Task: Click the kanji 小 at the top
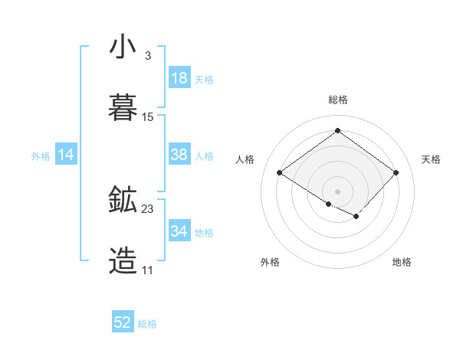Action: coord(123,47)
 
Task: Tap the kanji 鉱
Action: coord(123,201)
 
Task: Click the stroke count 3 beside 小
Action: coord(147,56)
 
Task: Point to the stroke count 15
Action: coord(148,117)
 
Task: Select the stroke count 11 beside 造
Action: coord(147,270)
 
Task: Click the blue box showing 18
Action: coord(179,78)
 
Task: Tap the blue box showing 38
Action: coord(179,155)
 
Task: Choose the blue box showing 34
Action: coord(179,231)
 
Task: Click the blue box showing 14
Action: coord(66,155)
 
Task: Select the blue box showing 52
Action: coord(123,322)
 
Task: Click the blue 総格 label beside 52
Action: coord(147,324)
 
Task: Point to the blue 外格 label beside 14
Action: coord(41,156)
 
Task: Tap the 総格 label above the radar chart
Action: coord(338,100)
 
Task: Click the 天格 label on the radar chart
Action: coord(432,159)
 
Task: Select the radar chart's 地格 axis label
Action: coord(402,263)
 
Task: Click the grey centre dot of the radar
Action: coord(338,191)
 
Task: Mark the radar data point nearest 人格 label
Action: coord(280,173)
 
